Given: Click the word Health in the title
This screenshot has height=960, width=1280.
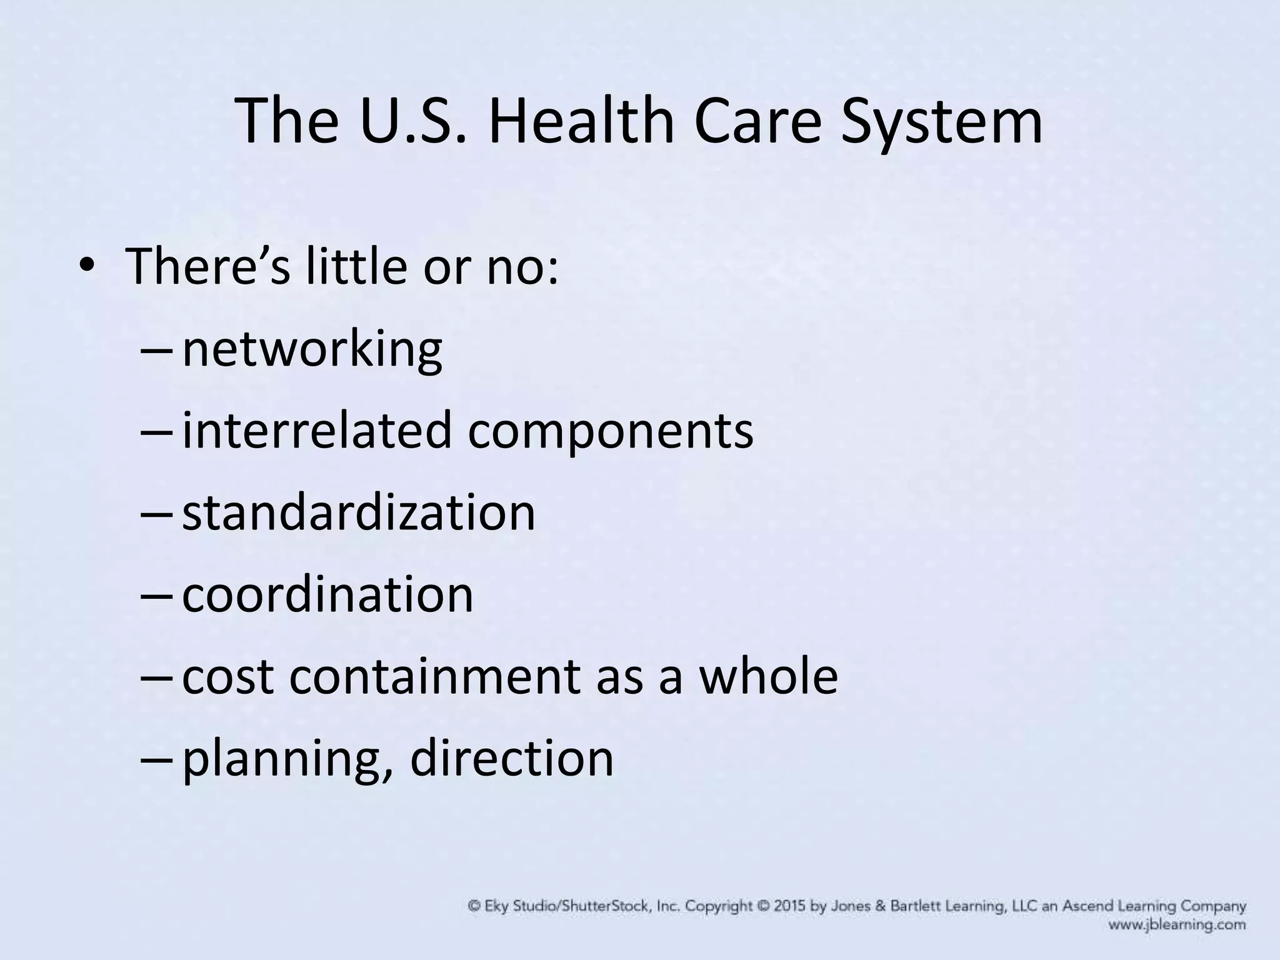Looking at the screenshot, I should pyautogui.click(x=581, y=121).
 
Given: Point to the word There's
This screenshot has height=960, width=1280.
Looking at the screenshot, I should pyautogui.click(x=208, y=267).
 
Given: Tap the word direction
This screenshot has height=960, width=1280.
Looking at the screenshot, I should pyautogui.click(x=512, y=759).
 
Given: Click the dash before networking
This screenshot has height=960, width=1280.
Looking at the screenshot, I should pyautogui.click(x=156, y=351).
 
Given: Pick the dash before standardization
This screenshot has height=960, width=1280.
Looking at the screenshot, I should pyautogui.click(x=156, y=514).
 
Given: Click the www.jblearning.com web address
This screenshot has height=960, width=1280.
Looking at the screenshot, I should pyautogui.click(x=1177, y=925).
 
